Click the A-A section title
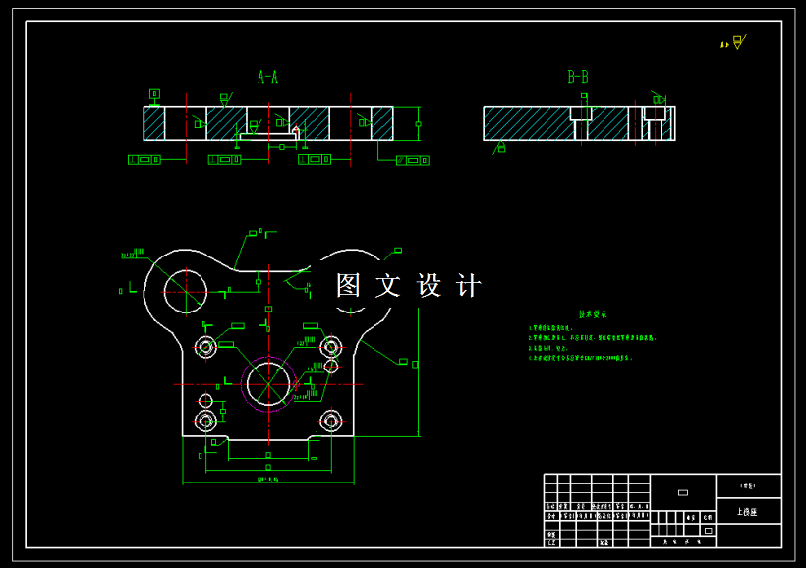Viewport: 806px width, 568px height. (x=267, y=77)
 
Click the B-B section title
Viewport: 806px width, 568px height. (x=578, y=77)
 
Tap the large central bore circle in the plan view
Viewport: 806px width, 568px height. (x=267, y=382)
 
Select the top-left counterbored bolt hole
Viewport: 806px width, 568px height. (x=206, y=346)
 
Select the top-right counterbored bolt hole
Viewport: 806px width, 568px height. (x=330, y=346)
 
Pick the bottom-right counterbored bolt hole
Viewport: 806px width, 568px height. (x=330, y=421)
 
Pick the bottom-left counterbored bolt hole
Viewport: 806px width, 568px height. (x=206, y=421)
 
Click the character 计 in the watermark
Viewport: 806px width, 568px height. (x=469, y=285)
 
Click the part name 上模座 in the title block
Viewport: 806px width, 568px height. (x=747, y=512)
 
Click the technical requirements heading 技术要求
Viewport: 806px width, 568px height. (x=593, y=314)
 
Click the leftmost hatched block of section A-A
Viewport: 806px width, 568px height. (x=153, y=123)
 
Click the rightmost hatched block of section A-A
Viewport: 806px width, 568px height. (x=381, y=123)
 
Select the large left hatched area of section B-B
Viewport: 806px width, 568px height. (x=526, y=123)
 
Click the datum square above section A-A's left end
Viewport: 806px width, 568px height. (x=154, y=94)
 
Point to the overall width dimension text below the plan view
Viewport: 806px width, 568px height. (x=267, y=481)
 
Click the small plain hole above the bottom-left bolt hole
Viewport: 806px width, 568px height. (x=205, y=400)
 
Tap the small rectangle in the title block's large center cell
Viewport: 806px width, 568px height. (x=683, y=492)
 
